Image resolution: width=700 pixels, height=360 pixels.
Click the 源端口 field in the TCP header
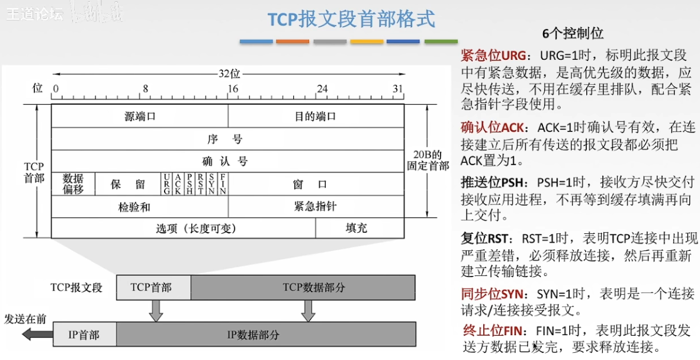(140, 116)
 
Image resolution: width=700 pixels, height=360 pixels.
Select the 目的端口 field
(316, 116)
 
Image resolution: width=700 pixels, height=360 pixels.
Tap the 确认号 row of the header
(225, 161)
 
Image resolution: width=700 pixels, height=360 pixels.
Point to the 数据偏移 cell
(73, 184)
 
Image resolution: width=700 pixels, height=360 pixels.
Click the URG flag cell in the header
(167, 184)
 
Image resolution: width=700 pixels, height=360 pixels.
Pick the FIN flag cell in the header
(223, 184)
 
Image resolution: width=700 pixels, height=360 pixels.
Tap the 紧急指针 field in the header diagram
(315, 206)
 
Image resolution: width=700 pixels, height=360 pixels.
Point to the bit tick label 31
(398, 89)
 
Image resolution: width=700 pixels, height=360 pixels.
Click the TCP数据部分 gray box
(303, 287)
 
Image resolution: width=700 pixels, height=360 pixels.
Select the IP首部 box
(85, 335)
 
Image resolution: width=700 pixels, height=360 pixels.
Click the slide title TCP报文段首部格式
(351, 19)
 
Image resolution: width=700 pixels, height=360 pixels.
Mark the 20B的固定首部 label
(428, 160)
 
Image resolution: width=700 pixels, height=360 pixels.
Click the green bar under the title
(441, 41)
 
